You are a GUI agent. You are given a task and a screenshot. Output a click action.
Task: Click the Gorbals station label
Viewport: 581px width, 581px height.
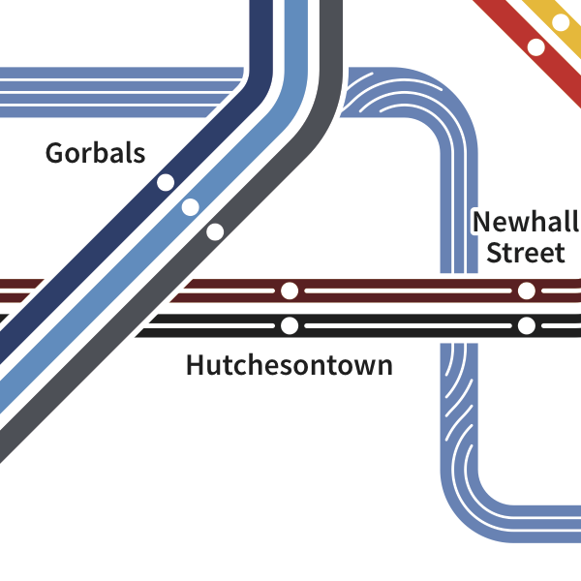click(95, 153)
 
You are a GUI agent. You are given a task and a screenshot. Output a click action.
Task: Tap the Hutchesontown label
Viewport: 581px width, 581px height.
click(290, 366)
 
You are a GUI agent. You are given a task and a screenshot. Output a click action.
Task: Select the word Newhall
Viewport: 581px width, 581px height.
click(524, 223)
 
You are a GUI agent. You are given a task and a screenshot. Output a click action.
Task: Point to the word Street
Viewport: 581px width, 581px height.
click(525, 254)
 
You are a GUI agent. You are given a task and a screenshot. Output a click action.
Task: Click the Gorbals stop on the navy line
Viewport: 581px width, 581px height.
click(166, 182)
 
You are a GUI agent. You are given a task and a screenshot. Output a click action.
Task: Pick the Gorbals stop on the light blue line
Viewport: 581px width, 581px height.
click(190, 206)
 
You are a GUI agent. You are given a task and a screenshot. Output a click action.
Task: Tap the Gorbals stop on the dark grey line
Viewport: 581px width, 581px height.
click(215, 231)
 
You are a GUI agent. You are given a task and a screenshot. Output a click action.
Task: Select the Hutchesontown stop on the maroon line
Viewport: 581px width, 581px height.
click(289, 290)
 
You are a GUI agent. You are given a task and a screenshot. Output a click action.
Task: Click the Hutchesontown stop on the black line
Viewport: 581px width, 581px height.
click(289, 325)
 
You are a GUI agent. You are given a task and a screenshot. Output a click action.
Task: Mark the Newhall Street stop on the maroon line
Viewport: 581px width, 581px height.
click(526, 290)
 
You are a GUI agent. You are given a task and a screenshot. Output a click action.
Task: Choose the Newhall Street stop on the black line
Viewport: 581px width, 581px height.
click(526, 325)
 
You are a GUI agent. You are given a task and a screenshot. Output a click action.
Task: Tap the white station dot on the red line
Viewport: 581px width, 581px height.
click(535, 46)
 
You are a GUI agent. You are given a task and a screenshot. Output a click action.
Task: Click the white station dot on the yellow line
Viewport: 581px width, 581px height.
click(561, 21)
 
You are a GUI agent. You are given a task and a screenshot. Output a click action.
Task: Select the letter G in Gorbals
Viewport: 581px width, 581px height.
click(54, 153)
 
